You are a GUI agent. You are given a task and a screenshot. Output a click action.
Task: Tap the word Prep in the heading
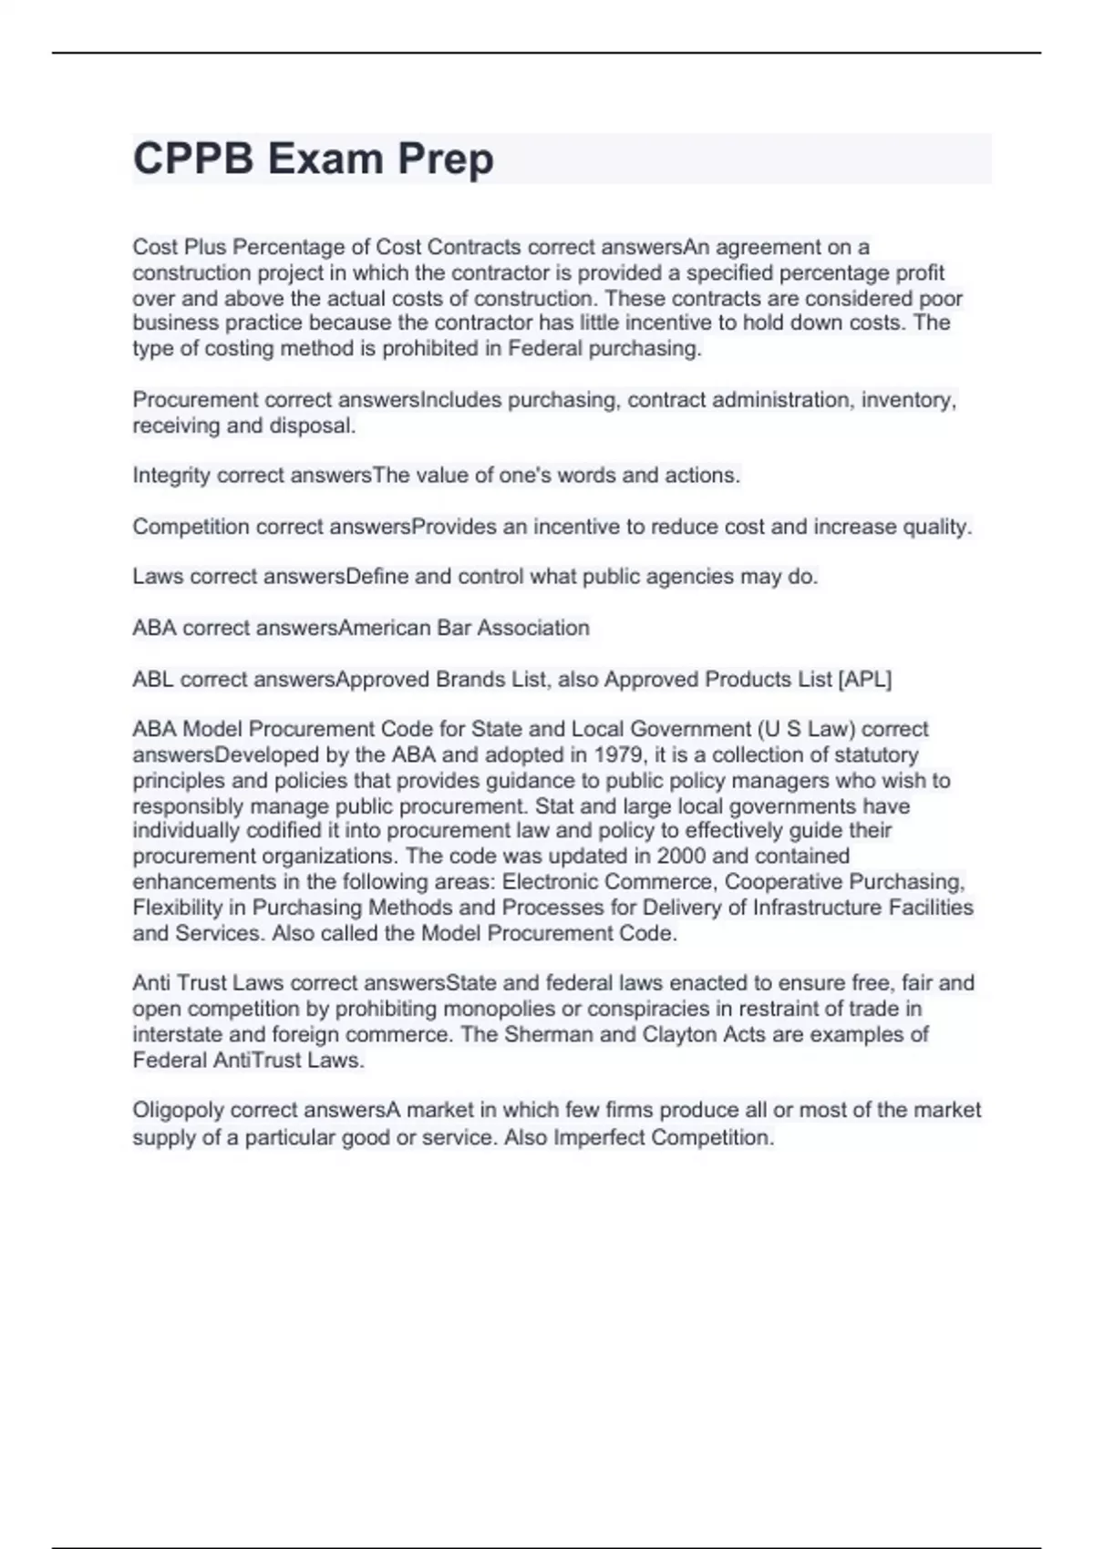[x=447, y=159]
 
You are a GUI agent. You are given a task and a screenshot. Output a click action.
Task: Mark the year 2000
[x=681, y=857]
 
